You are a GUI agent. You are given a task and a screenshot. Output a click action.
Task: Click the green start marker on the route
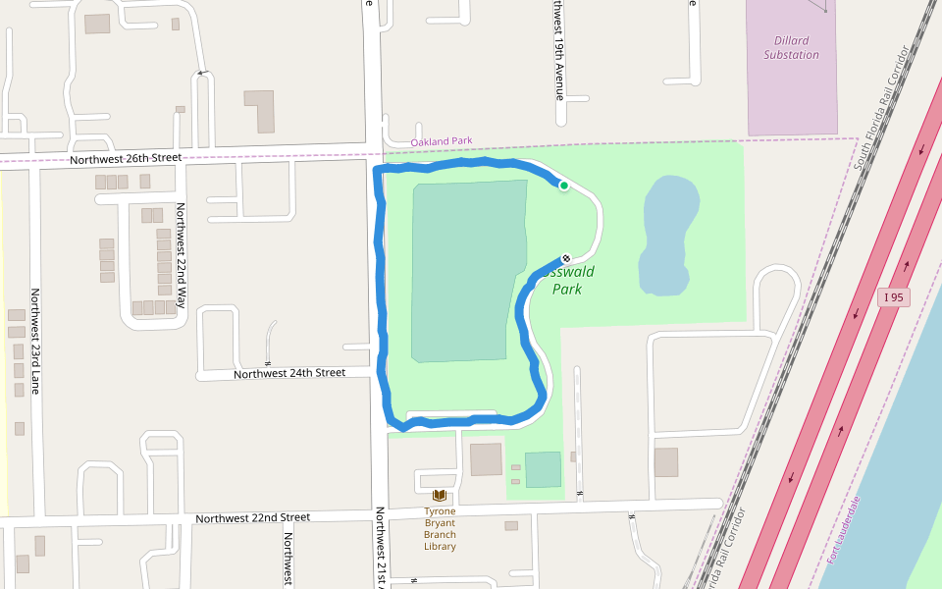click(x=564, y=186)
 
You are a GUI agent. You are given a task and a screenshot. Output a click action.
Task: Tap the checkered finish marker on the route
click(x=566, y=259)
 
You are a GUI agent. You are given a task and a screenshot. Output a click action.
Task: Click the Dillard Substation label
click(x=791, y=48)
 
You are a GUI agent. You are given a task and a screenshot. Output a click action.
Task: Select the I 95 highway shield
click(x=891, y=297)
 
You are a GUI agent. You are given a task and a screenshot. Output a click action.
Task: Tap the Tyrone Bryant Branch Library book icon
click(x=439, y=496)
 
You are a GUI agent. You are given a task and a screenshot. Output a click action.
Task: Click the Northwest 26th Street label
click(x=126, y=158)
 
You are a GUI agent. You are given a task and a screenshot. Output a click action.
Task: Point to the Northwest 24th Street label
click(x=289, y=373)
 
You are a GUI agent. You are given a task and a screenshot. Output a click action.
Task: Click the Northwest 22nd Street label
click(x=252, y=517)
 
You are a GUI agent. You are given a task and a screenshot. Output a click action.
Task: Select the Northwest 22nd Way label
click(x=181, y=248)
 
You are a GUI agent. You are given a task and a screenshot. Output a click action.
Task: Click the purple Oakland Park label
click(x=441, y=141)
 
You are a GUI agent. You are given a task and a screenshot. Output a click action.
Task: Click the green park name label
click(x=568, y=280)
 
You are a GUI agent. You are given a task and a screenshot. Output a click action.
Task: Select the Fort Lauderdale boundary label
click(x=843, y=530)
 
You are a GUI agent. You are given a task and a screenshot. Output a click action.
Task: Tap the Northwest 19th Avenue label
click(x=558, y=50)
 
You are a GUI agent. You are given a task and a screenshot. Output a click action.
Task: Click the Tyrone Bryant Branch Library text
click(x=440, y=528)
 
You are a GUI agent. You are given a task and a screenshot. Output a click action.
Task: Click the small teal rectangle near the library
click(x=543, y=469)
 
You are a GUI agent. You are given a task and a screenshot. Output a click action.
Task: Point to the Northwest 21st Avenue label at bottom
click(x=381, y=546)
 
